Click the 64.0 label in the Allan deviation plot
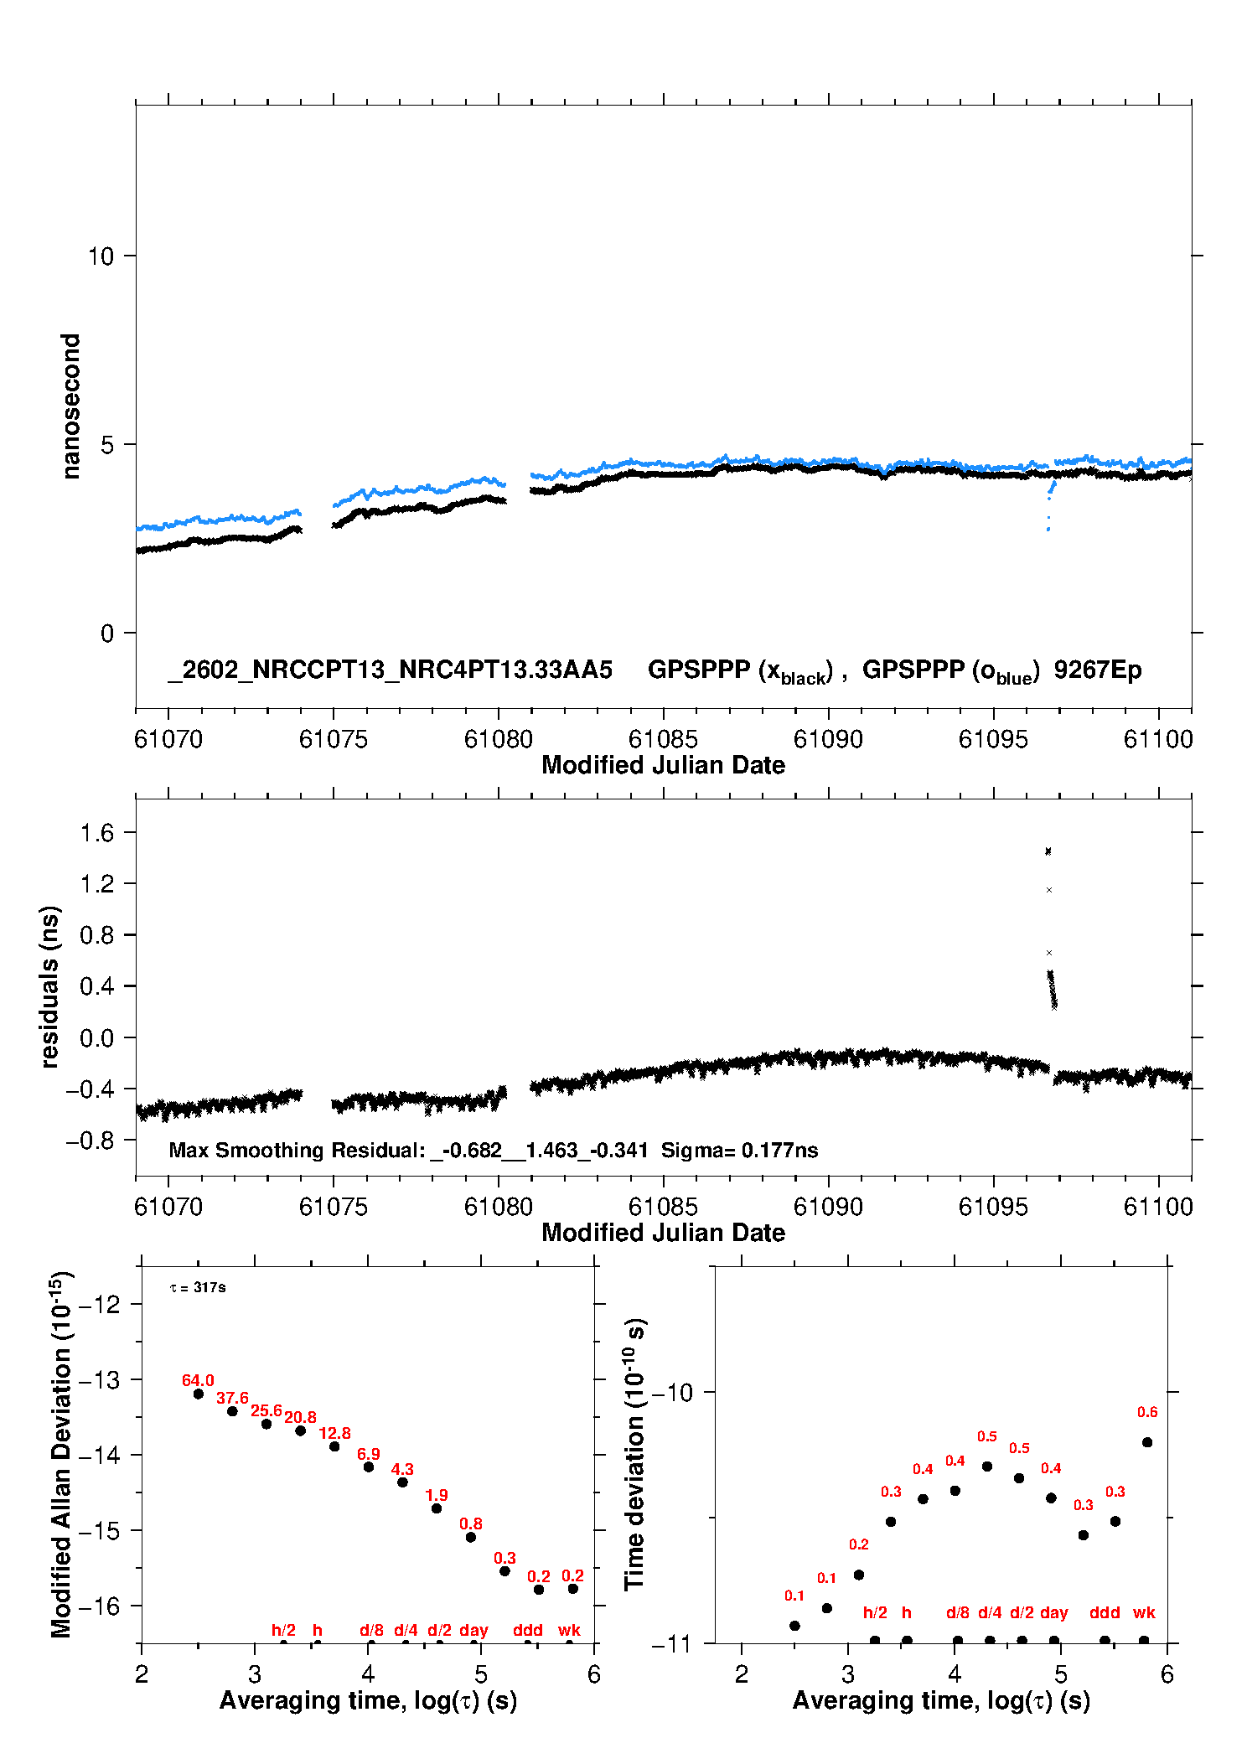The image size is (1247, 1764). pyautogui.click(x=198, y=1380)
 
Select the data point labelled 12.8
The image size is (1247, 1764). pyautogui.click(x=334, y=1446)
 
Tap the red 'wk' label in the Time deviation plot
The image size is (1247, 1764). pyautogui.click(x=1144, y=1612)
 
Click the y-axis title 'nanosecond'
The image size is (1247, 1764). pyautogui.click(x=71, y=406)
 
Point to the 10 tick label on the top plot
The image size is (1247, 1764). pyautogui.click(x=101, y=256)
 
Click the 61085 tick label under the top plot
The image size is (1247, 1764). pyautogui.click(x=663, y=739)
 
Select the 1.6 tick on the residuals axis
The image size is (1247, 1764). pyautogui.click(x=96, y=832)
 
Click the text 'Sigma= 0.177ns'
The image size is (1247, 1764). pyautogui.click(x=739, y=1150)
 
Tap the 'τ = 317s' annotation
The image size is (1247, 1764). pyautogui.click(x=198, y=1287)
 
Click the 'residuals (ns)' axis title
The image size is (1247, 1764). pyautogui.click(x=49, y=986)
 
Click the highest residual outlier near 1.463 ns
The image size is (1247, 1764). pyautogui.click(x=1048, y=851)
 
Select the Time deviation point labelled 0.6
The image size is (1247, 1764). pyautogui.click(x=1147, y=1442)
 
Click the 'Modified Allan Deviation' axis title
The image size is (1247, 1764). pyautogui.click(x=61, y=1453)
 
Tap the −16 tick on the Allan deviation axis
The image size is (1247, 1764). pyautogui.click(x=98, y=1606)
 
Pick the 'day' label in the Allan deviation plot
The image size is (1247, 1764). pyautogui.click(x=473, y=1630)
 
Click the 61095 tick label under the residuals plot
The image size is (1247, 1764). pyautogui.click(x=993, y=1207)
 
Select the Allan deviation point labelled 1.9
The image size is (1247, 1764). pyautogui.click(x=437, y=1508)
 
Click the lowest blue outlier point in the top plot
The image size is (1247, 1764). pyautogui.click(x=1048, y=530)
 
